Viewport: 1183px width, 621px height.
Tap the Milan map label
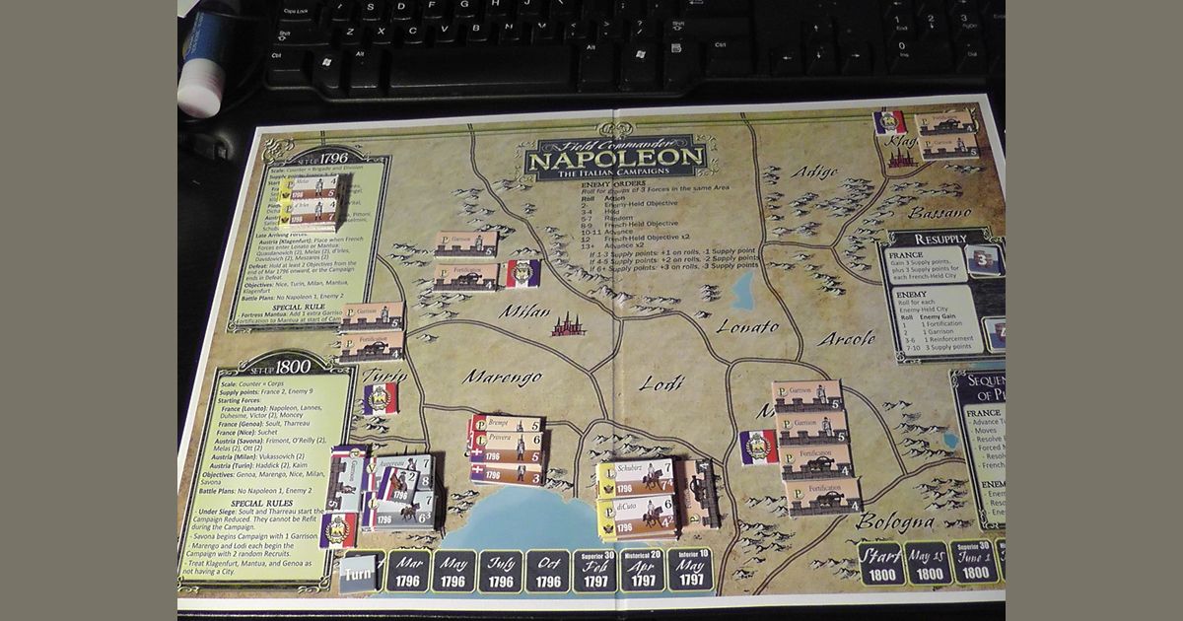coord(523,310)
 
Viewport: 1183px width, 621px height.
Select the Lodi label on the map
coord(661,382)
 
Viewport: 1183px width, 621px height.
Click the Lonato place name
coord(746,326)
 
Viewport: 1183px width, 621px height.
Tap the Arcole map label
coord(846,338)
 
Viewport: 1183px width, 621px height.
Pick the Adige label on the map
coord(814,172)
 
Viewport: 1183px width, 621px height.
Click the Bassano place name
coord(939,212)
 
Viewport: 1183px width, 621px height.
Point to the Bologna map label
coord(895,521)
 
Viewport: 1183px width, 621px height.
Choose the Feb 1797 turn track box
coord(595,570)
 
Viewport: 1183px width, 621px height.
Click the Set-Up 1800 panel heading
coord(280,366)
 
